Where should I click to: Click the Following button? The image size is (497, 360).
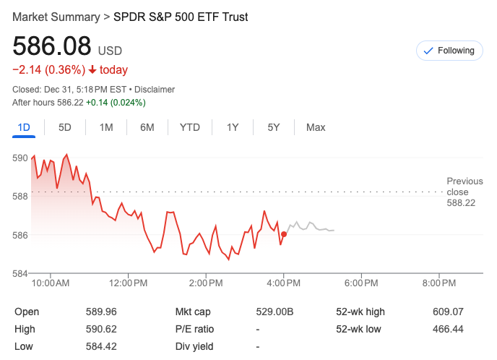click(x=449, y=51)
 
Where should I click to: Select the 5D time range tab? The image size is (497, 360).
click(x=65, y=127)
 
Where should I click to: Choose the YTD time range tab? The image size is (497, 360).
click(x=190, y=127)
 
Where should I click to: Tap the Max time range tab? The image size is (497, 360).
click(x=316, y=127)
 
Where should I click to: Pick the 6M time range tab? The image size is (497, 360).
click(x=147, y=127)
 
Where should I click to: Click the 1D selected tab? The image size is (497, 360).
click(x=24, y=127)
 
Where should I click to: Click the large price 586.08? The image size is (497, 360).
click(x=52, y=47)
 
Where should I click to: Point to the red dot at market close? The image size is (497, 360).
click(x=284, y=234)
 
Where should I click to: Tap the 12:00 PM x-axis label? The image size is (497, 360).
click(x=129, y=283)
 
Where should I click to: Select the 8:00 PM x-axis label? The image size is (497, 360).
click(x=439, y=283)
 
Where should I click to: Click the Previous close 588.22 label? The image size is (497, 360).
click(x=461, y=192)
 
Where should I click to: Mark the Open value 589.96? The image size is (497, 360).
click(x=101, y=312)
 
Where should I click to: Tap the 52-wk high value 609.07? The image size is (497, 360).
click(x=448, y=312)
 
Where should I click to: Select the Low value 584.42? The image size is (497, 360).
click(x=101, y=346)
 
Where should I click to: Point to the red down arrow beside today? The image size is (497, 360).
click(x=92, y=70)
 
